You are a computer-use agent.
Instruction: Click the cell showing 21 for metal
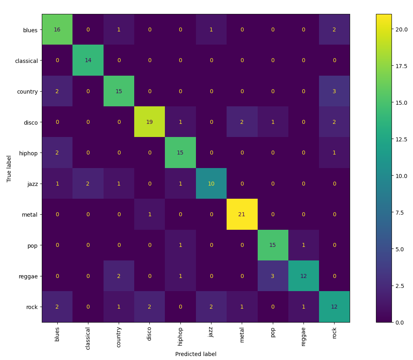[242, 214]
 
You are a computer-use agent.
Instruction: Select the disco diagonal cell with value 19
[149, 122]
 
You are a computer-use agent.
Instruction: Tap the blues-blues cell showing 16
[57, 30]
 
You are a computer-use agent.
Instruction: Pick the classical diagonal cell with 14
[88, 61]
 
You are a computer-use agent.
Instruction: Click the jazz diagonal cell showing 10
[211, 184]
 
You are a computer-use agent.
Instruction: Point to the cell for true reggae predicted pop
[272, 276]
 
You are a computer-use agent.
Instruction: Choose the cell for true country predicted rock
[334, 91]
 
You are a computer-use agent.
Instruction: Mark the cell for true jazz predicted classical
[88, 184]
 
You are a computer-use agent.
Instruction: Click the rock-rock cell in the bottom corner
[334, 307]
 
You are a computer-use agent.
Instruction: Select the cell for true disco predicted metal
[242, 122]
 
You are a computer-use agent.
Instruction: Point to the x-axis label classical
[88, 338]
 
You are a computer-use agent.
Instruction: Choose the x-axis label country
[119, 337]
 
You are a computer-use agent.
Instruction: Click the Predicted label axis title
[196, 354]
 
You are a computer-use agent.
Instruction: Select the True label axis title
[9, 168]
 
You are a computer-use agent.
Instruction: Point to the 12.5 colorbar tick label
[399, 139]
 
